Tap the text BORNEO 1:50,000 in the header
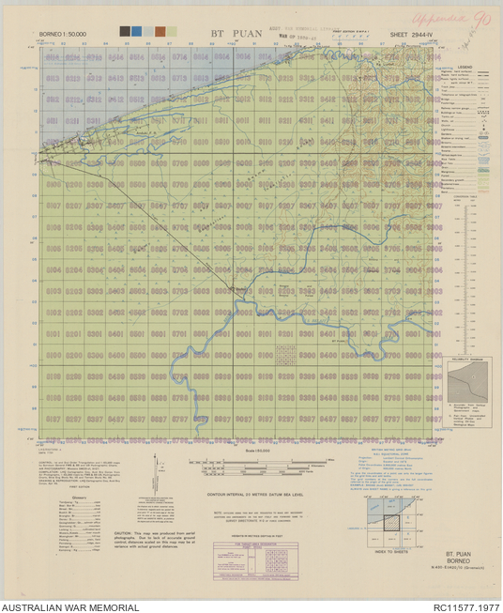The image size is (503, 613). (62, 34)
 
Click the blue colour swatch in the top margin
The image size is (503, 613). (137, 31)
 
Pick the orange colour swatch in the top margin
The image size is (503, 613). (160, 31)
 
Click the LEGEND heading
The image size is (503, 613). (465, 68)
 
